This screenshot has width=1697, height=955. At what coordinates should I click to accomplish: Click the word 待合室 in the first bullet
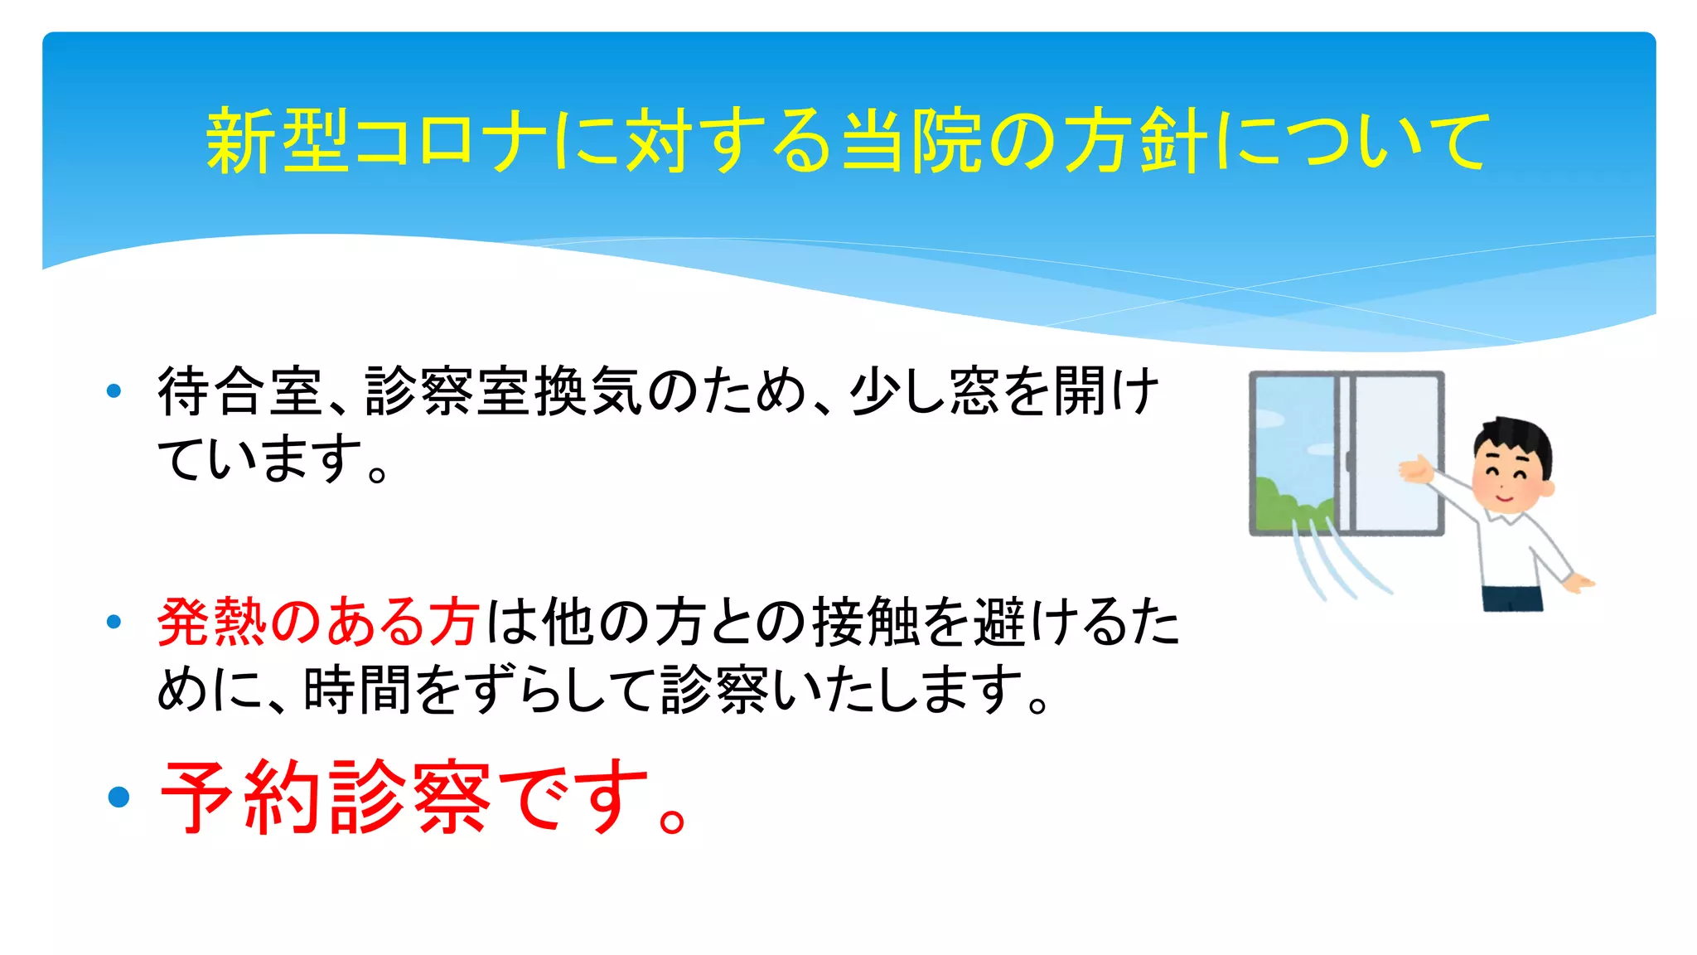coord(240,391)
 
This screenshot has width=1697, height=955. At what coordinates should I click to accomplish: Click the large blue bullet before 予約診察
coord(119,797)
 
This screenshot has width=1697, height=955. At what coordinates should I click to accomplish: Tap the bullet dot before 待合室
coord(114,390)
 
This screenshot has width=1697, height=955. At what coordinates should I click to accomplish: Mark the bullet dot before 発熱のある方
coord(114,622)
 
